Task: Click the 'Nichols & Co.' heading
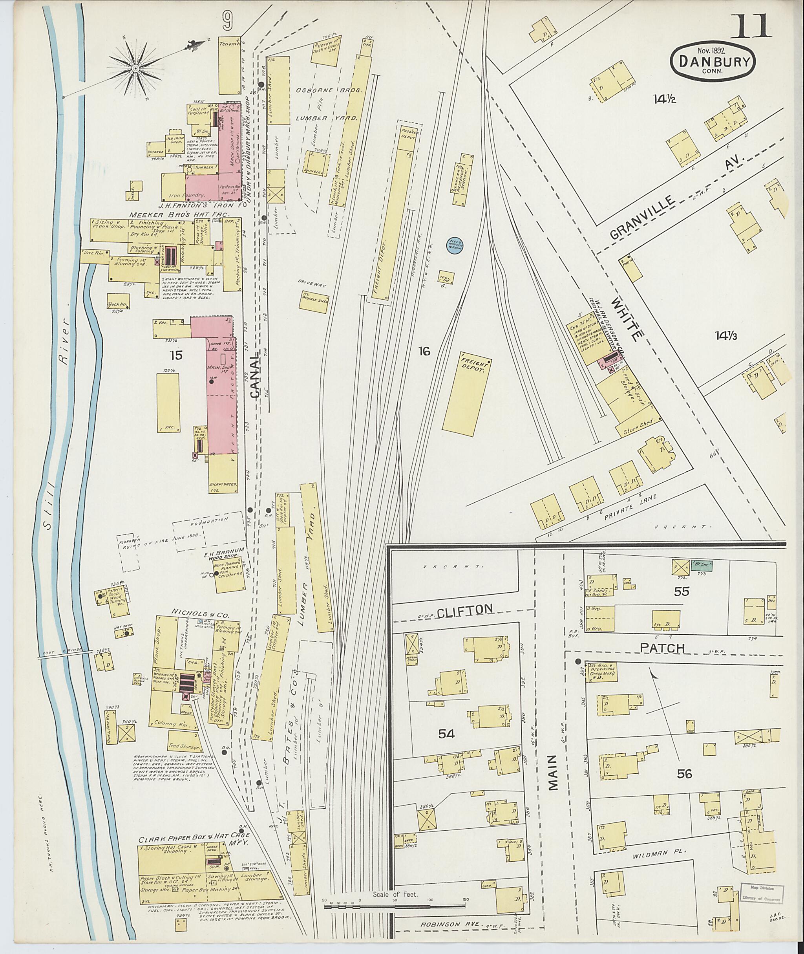pyautogui.click(x=206, y=614)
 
